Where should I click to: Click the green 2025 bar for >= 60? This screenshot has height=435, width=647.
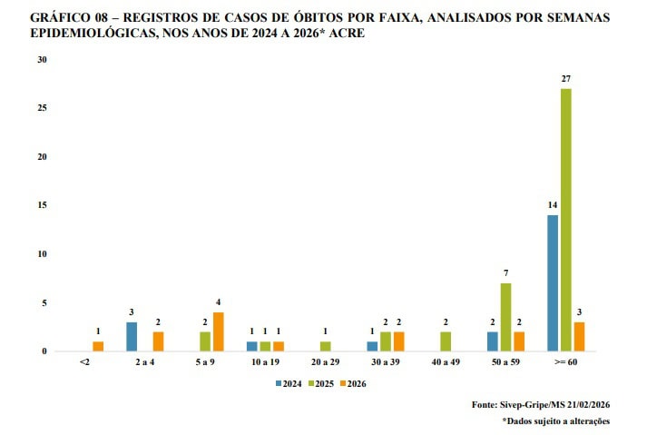(565, 220)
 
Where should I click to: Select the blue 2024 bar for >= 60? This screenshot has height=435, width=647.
(553, 283)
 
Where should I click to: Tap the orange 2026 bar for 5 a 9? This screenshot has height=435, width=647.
(218, 331)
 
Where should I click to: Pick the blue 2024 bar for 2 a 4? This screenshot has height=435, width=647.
(132, 337)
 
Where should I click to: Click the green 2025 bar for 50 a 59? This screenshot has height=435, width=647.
(505, 317)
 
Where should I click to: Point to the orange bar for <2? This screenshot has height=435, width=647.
(98, 346)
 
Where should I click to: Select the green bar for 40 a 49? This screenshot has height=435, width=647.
(446, 341)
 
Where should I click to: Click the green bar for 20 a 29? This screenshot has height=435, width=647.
(325, 346)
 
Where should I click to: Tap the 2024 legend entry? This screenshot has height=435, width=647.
(289, 383)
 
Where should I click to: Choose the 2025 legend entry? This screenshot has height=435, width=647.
(322, 383)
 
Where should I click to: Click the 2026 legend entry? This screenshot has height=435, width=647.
(355, 383)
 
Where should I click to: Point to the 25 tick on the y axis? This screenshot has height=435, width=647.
(42, 108)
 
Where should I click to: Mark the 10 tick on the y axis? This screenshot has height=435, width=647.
(42, 254)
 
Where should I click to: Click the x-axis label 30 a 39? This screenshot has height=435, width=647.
(385, 362)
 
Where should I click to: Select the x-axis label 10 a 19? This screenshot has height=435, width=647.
(265, 362)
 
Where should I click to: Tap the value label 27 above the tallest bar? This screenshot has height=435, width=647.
(565, 79)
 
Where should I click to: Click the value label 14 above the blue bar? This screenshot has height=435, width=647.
(553, 206)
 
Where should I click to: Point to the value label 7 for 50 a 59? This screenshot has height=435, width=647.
(505, 273)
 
